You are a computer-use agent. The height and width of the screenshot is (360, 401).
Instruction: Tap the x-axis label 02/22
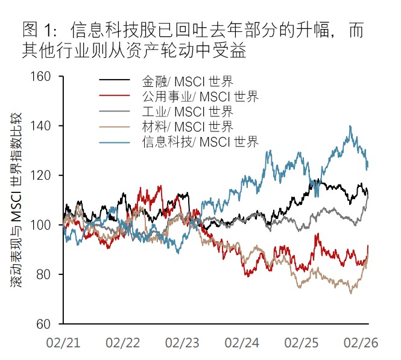coord(122,342)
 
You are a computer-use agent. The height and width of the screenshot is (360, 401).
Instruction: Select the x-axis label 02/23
coord(182,342)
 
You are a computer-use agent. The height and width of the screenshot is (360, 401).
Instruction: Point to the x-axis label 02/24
coord(242,342)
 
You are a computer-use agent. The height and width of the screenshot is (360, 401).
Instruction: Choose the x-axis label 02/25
coord(301,342)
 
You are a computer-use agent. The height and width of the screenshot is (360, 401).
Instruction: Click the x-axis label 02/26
coord(360,342)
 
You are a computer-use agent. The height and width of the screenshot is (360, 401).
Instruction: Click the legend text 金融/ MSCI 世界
coord(188,81)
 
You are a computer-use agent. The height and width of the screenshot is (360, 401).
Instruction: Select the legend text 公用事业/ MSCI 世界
coord(200,96)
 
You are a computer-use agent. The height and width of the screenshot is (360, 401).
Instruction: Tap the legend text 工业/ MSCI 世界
coord(188,111)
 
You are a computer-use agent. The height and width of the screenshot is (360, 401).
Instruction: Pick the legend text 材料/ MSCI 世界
coord(188,126)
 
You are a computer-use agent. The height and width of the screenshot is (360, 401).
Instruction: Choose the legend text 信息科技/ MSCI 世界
coord(200,142)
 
